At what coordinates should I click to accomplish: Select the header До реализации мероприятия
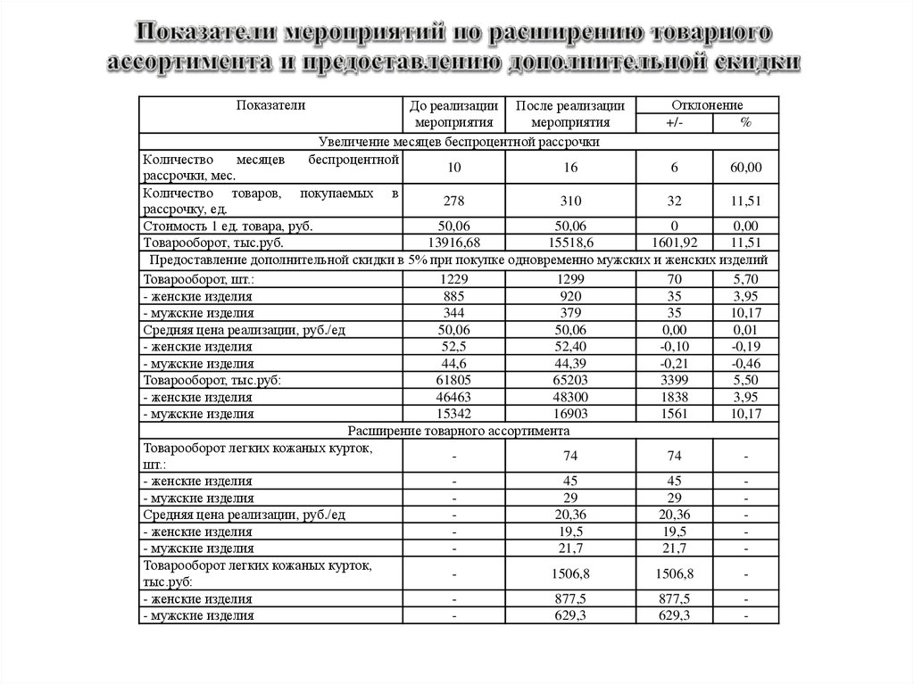tap(454, 114)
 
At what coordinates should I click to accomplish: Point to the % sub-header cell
tap(745, 123)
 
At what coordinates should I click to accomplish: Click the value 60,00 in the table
tap(745, 167)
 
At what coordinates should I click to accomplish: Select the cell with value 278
tap(454, 201)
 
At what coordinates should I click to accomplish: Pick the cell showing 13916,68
tap(454, 243)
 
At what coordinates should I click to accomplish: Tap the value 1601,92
tap(675, 243)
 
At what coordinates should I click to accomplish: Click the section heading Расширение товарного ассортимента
tap(459, 430)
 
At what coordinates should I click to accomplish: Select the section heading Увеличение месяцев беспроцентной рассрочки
tap(459, 141)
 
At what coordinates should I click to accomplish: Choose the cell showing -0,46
tap(745, 364)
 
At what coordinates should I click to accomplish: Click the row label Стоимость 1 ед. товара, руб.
tap(228, 227)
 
